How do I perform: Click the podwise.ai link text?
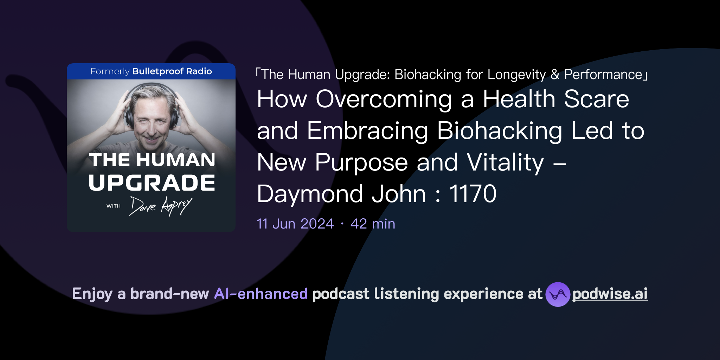[610, 294]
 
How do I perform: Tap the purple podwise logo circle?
[558, 294]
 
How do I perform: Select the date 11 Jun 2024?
[295, 224]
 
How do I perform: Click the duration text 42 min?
[373, 224]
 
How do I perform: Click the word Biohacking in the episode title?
[499, 131]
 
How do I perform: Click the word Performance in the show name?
[603, 75]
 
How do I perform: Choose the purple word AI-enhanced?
[261, 294]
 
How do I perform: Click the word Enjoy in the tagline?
[92, 294]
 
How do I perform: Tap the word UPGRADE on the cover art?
[152, 183]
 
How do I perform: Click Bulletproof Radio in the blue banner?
[172, 71]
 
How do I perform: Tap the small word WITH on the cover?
[114, 206]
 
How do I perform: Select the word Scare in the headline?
[596, 99]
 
